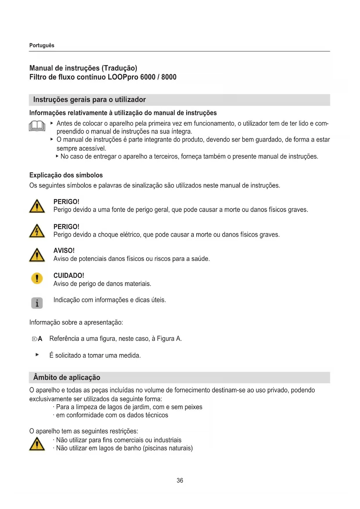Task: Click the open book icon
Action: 37,126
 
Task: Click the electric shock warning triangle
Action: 37,231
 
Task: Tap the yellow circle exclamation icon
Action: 37,278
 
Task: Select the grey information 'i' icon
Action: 37,303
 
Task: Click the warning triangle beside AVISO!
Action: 37,255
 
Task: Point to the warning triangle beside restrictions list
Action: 37,444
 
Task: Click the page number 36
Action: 180,481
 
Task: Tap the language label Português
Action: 42,45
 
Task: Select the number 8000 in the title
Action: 169,77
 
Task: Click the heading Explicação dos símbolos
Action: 66,175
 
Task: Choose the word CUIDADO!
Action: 69,275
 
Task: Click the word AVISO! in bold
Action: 64,250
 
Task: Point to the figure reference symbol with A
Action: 37,339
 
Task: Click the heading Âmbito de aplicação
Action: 67,377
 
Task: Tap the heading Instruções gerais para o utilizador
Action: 89,100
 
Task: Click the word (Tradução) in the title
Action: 119,68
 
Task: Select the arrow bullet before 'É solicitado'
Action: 37,355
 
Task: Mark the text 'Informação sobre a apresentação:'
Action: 76,322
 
